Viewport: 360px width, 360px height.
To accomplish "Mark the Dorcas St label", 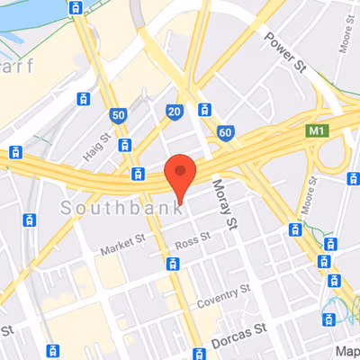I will [240, 334].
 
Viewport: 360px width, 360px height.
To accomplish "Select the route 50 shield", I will [118, 115].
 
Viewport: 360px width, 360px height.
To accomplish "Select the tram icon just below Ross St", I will [174, 264].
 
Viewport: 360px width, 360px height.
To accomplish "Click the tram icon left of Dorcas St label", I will [197, 350].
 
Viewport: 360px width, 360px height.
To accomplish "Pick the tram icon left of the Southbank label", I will [31, 219].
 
